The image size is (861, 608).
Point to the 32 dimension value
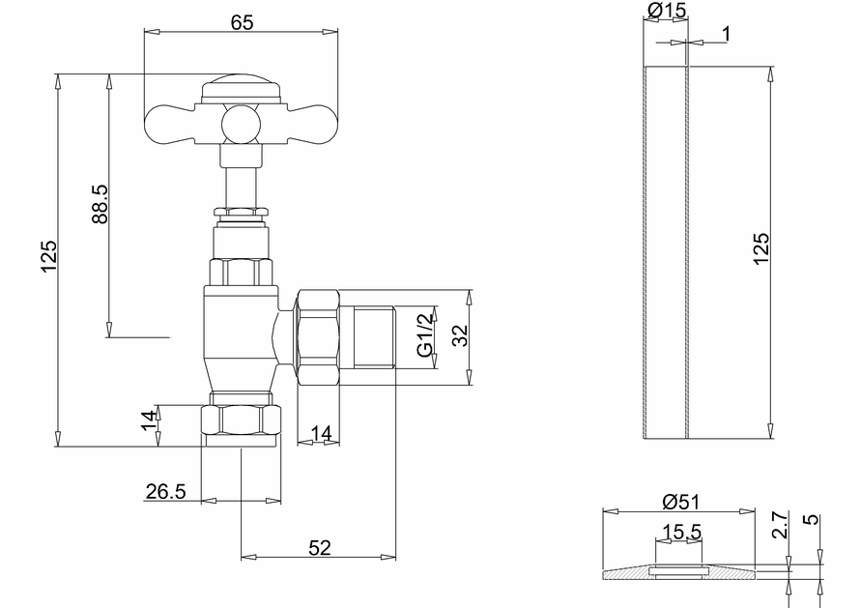coord(460,336)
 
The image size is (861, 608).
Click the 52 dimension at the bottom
coord(319,548)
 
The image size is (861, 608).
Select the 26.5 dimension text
coord(165,492)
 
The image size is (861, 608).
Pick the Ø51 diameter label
coord(682,502)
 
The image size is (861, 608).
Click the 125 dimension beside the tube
coord(761,249)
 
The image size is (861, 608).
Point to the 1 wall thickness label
coord(725,35)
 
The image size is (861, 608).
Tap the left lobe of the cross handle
coord(172,123)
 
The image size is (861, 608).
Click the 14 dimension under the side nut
coord(322,434)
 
